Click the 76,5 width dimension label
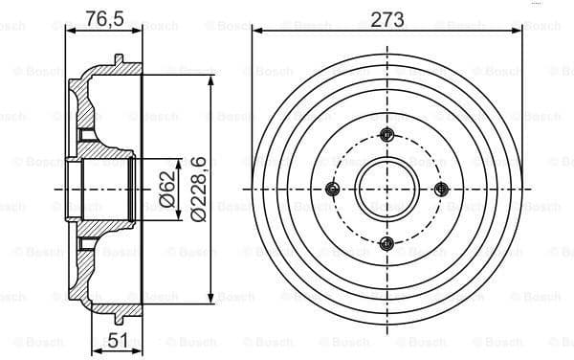[x=102, y=18]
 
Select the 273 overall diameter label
[x=386, y=18]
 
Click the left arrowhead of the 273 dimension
[x=256, y=31]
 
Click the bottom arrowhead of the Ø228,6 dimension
[x=210, y=300]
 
